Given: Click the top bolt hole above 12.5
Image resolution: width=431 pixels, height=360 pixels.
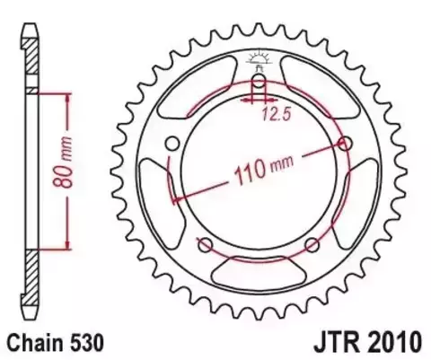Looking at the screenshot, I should coord(259,85).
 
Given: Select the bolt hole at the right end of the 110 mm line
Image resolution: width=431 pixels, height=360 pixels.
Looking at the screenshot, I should coord(346,143).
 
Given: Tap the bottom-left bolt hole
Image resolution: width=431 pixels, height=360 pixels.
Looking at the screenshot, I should coord(205,245).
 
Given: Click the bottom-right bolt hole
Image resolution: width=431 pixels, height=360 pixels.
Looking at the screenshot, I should coord(312,245).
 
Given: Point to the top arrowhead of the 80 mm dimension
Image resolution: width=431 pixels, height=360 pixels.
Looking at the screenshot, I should coord(66,96).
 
